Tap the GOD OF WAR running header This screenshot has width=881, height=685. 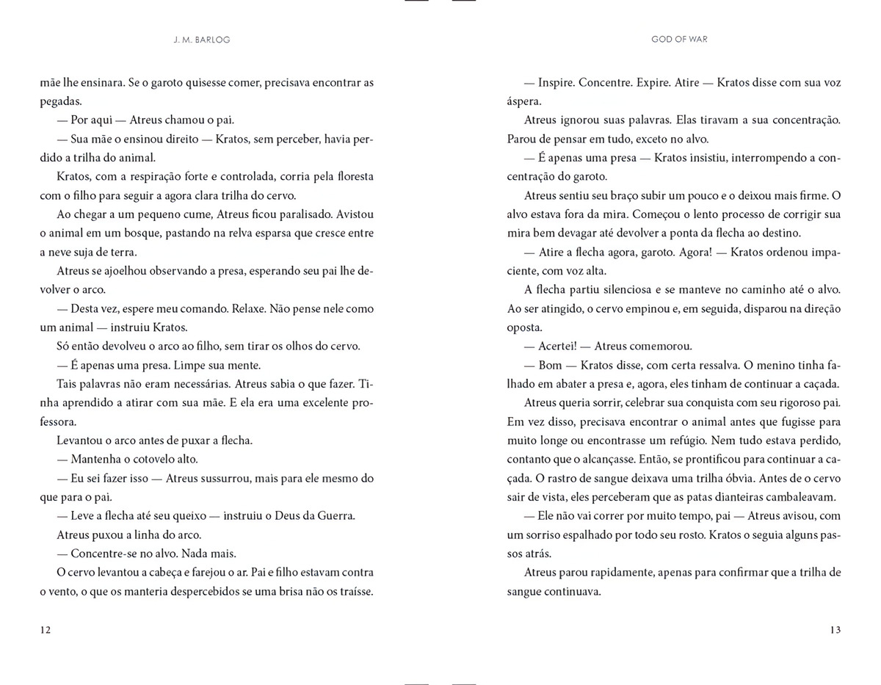click(x=679, y=40)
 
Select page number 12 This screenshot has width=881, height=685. click(x=46, y=630)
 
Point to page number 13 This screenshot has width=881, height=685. click(x=835, y=630)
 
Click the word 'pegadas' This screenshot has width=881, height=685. click(x=61, y=101)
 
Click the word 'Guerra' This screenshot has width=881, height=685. click(x=335, y=515)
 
